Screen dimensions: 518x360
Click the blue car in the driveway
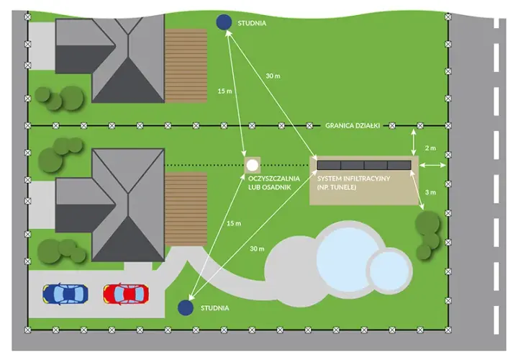point(65,294)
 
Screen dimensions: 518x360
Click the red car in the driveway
point(126,294)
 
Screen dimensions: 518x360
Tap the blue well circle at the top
point(224,22)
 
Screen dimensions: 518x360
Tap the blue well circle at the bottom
point(186,307)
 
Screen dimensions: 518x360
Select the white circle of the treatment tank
point(253,166)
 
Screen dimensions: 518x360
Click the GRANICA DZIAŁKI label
point(353,125)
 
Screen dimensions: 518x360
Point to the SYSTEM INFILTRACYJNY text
point(353,179)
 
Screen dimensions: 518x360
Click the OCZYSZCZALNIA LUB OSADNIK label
point(274,183)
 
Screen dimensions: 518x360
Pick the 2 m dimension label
point(430,148)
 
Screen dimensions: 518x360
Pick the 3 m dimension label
point(430,192)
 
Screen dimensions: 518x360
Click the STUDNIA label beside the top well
point(252,23)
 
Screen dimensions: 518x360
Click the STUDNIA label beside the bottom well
point(214,308)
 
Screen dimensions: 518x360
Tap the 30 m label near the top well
point(273,76)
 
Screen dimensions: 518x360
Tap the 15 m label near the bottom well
point(234,223)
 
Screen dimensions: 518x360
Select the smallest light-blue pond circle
point(389,271)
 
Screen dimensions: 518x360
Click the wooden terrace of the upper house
point(186,66)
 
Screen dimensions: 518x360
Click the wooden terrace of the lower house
point(186,209)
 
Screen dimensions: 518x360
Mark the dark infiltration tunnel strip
point(364,165)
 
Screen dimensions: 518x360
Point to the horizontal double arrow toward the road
point(432,165)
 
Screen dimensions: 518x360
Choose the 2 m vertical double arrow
point(413,142)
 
